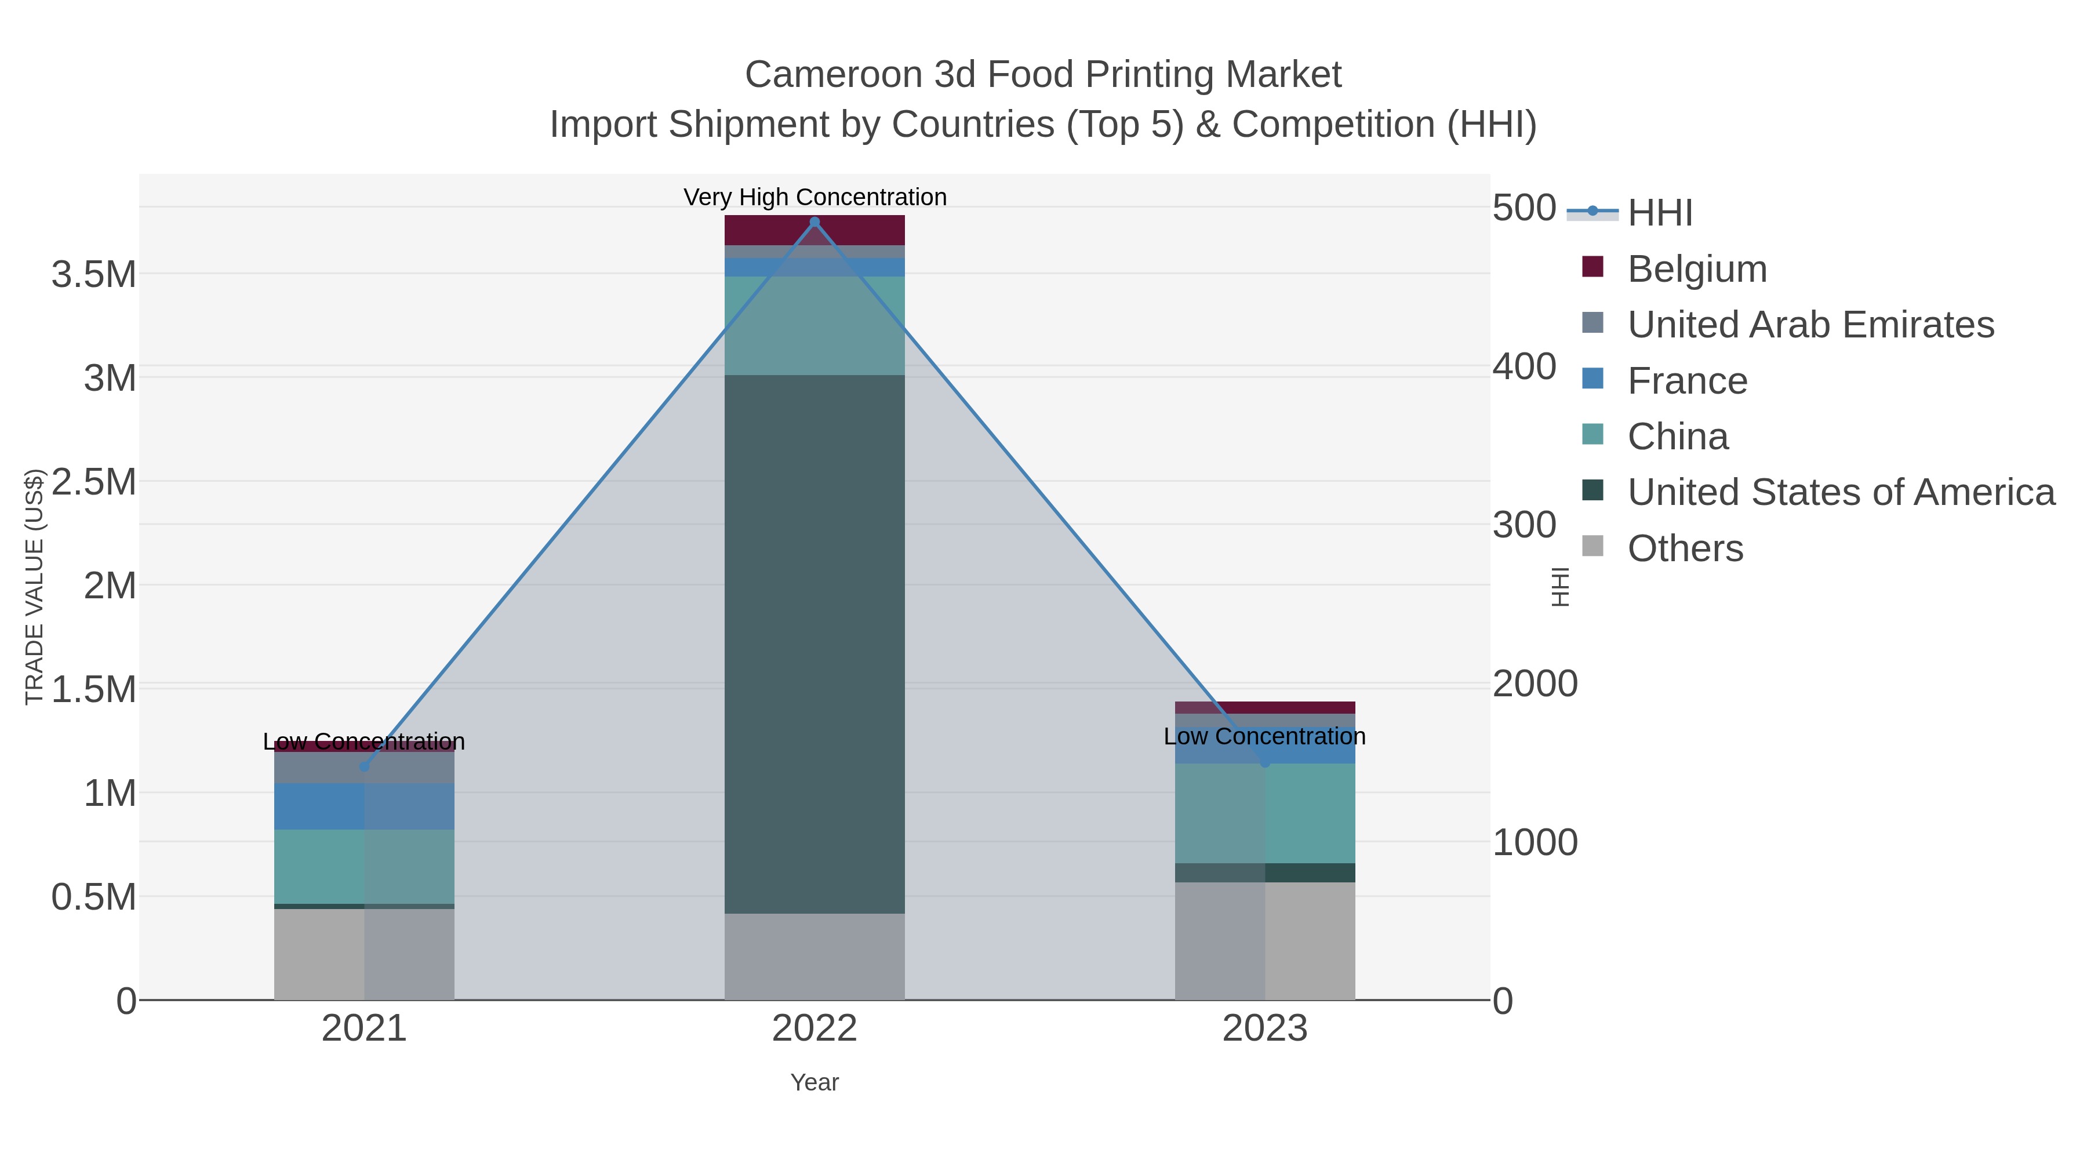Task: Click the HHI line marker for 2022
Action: coord(815,222)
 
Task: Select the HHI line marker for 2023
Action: coord(1265,762)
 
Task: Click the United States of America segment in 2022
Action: coord(815,644)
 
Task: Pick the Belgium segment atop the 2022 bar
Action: coord(815,230)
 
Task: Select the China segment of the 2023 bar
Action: coord(1265,813)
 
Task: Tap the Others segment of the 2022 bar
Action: coord(815,956)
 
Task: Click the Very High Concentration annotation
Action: coord(815,197)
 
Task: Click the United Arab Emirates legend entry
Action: coord(1810,325)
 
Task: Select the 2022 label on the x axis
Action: coord(815,1029)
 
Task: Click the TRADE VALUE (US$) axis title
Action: coord(34,587)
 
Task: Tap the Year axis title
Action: coord(815,1082)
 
